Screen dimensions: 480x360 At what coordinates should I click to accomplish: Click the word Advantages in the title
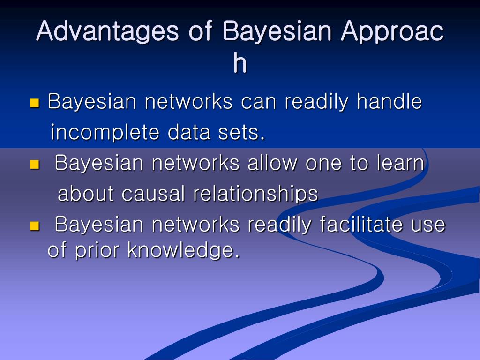coord(107,32)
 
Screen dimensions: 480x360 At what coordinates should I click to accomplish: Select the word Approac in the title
coord(392,32)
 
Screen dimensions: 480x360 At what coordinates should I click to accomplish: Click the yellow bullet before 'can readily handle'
coord(34,103)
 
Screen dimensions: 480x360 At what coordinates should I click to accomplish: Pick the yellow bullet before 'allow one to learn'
coord(34,165)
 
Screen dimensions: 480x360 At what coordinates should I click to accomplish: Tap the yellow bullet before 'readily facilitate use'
coord(34,226)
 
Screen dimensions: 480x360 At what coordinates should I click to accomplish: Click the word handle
coord(390,101)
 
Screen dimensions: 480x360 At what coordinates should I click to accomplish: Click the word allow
coord(272,163)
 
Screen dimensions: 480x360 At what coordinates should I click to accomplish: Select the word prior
coord(97,250)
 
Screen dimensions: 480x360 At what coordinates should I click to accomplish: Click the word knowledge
coord(183,250)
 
